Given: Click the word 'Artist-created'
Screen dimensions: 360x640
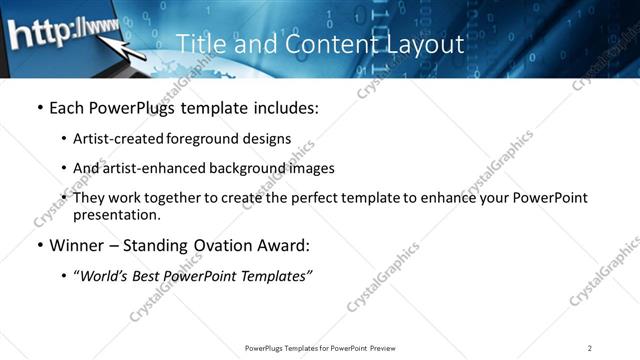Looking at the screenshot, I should (x=119, y=139).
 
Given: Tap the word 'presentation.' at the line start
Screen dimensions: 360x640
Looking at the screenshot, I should (x=116, y=214).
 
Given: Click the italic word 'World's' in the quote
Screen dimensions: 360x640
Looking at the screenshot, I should (x=107, y=276).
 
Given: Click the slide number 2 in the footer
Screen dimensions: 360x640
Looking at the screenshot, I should (x=590, y=348).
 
